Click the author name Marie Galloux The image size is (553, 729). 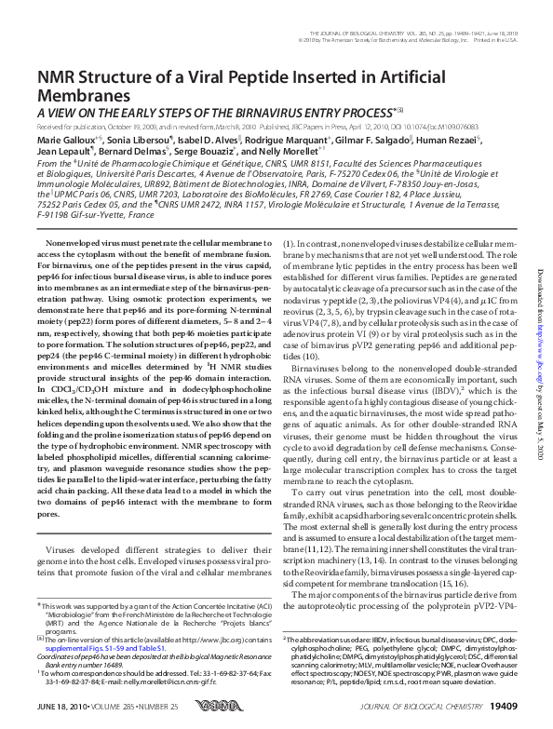coord(64,138)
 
